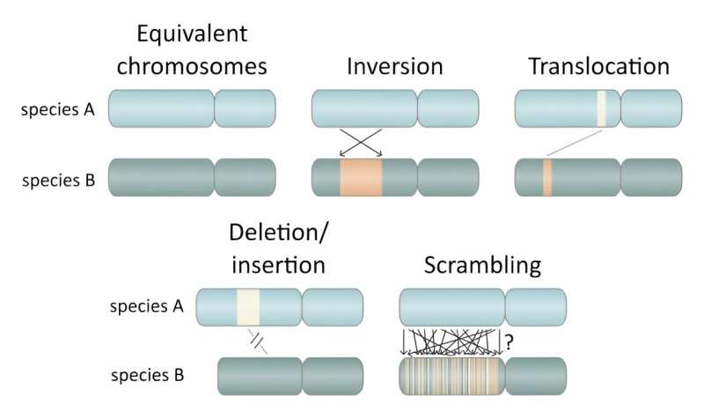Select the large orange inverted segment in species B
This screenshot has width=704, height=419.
point(361,177)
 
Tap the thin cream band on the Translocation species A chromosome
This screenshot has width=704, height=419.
point(602,109)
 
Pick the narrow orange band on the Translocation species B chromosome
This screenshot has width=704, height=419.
point(546,177)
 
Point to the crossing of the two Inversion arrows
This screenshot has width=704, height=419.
point(361,143)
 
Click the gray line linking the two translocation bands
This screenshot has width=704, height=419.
point(574,143)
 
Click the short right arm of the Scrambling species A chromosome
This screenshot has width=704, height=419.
point(533,307)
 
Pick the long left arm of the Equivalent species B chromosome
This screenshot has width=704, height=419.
point(160,177)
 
